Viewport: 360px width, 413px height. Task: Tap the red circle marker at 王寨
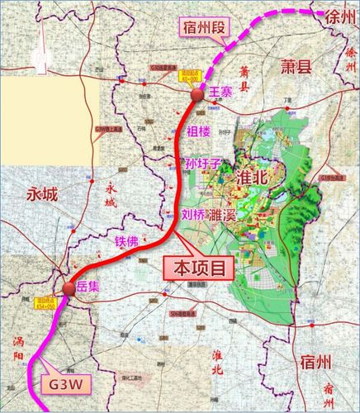point(197,97)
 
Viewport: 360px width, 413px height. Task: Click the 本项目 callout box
point(197,268)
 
